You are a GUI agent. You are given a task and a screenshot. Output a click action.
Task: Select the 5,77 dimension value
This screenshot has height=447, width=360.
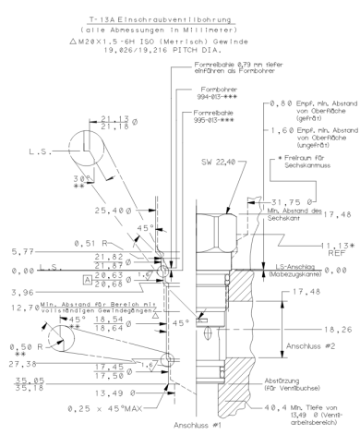(x=15, y=251)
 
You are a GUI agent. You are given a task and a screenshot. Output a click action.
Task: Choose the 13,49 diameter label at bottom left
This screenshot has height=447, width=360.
(x=126, y=389)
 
